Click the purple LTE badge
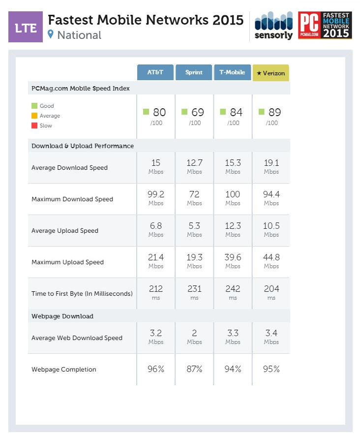coord(26,28)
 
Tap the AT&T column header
coord(155,72)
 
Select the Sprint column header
coord(194,72)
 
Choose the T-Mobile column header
coord(232,72)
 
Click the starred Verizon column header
coord(271,73)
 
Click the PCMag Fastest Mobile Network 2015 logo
coord(325,26)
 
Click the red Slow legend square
coord(34,125)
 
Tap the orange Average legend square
coord(34,116)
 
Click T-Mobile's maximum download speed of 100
coord(233,194)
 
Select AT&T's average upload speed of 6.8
coord(155,226)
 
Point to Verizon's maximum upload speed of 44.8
coord(271,257)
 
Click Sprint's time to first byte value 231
coord(194,289)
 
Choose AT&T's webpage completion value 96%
coord(155,369)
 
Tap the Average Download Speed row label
coord(69,168)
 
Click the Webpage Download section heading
coord(62,316)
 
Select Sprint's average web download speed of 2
coord(194,333)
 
